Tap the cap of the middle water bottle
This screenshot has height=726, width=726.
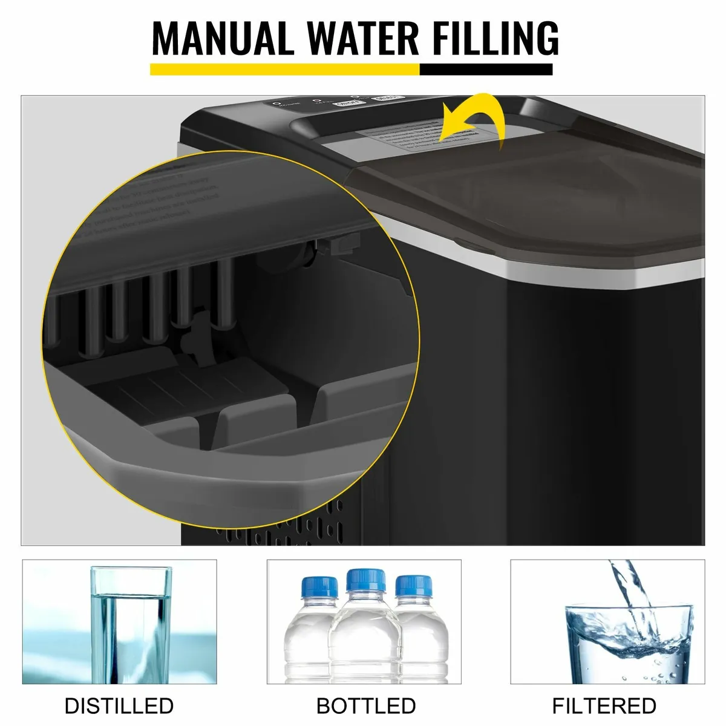366,580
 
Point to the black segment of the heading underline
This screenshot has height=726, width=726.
486,70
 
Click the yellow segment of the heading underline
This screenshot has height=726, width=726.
284,70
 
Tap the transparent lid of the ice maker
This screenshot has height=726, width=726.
532,194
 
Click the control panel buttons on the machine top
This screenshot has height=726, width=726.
339,103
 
